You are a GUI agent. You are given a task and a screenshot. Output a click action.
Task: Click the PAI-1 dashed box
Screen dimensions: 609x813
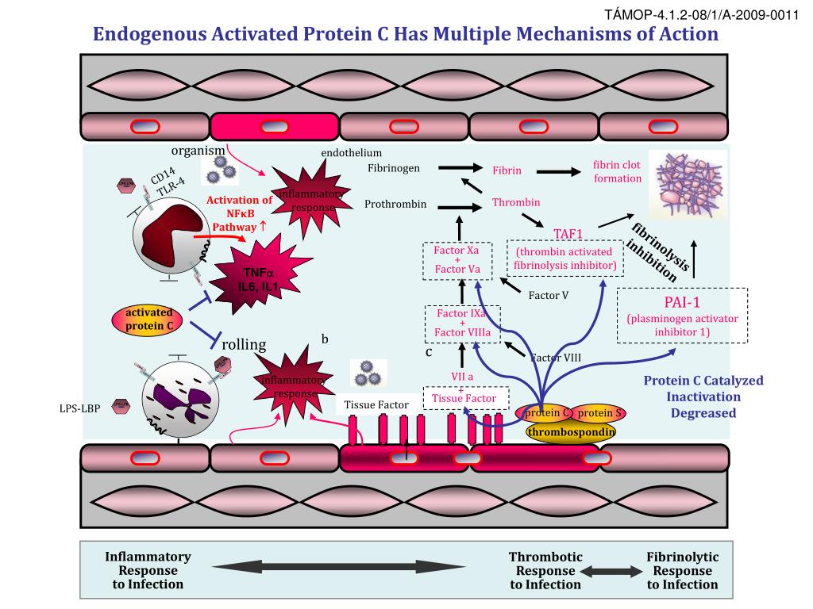pyautogui.click(x=682, y=315)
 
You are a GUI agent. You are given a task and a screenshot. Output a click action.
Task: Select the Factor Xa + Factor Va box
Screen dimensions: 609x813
pyautogui.click(x=457, y=260)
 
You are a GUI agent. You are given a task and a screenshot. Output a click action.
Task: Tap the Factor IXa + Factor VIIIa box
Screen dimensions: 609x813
pyautogui.click(x=463, y=323)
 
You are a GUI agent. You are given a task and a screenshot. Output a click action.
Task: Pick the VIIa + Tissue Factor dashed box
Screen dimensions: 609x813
pyautogui.click(x=463, y=388)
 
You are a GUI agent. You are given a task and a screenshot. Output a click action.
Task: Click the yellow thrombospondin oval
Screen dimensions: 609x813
pyautogui.click(x=570, y=431)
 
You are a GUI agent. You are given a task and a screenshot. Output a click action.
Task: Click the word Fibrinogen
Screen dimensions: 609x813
pyautogui.click(x=394, y=168)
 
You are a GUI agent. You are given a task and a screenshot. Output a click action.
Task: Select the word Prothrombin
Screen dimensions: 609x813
pyautogui.click(x=395, y=205)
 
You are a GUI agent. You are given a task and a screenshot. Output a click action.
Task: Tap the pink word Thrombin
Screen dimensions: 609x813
pyautogui.click(x=516, y=203)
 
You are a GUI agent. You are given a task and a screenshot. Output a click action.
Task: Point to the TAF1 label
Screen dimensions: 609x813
pyautogui.click(x=568, y=233)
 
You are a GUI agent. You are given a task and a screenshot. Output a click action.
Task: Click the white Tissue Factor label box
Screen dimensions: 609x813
pyautogui.click(x=376, y=405)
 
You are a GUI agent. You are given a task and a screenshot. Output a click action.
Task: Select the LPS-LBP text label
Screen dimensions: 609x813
pyautogui.click(x=79, y=409)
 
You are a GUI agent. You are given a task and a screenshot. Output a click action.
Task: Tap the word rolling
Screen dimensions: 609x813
pyautogui.click(x=244, y=344)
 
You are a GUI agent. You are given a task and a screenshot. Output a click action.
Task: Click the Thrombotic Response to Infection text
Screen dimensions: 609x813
pyautogui.click(x=545, y=571)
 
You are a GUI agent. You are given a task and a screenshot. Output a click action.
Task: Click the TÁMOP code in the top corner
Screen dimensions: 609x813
pyautogui.click(x=735, y=14)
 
